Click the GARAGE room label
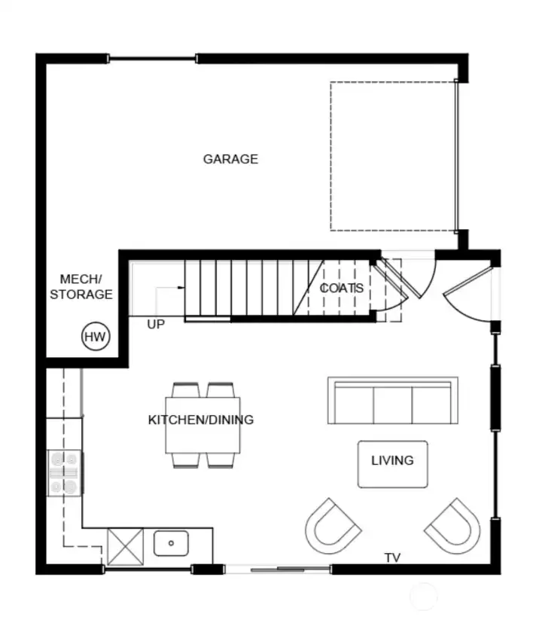pos(230,159)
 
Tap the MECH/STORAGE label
pos(81,287)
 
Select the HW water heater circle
pos(95,337)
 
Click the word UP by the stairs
pos(156,324)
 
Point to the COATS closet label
pos(342,288)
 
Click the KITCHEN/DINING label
pos(201,420)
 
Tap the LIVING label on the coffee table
pos(392,460)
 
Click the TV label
pos(392,558)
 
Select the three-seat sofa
pos(392,401)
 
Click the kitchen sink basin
pos(172,542)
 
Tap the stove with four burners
pos(64,473)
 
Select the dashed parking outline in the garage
pos(392,155)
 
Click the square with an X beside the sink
pos(125,545)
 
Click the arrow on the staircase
pos(181,288)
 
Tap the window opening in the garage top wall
pos(153,58)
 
